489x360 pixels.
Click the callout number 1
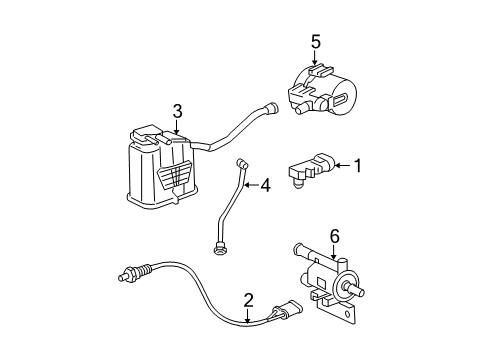pyautogui.click(x=355, y=166)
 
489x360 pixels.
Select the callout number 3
pyautogui.click(x=177, y=112)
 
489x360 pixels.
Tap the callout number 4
pyautogui.click(x=266, y=185)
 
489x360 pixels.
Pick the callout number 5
pyautogui.click(x=315, y=43)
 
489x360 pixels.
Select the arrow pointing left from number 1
pyautogui.click(x=338, y=166)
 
